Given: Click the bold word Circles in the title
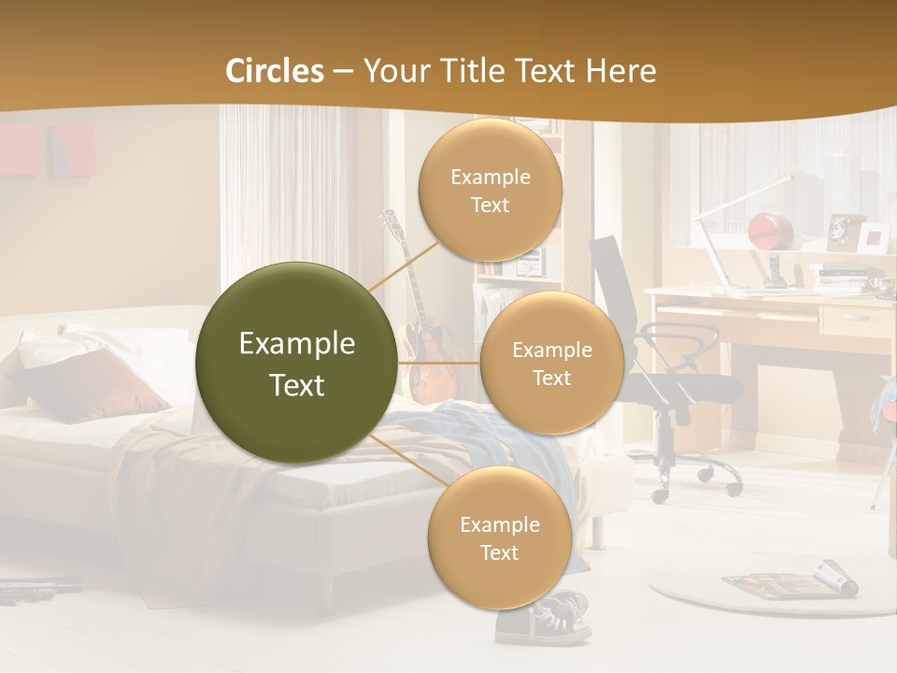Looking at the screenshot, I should [x=275, y=71].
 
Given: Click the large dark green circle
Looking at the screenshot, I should [x=296, y=363].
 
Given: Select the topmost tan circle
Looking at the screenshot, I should [x=490, y=190].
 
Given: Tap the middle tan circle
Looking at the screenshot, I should [x=551, y=363].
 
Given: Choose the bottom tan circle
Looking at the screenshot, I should [x=499, y=537].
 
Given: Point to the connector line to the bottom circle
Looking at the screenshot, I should [x=408, y=459].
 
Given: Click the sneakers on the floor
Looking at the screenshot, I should [x=543, y=618].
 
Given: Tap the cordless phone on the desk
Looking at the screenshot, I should [x=774, y=268].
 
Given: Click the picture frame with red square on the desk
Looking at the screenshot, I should [x=875, y=237].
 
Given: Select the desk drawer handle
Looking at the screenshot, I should [x=853, y=318].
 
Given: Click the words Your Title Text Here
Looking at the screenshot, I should [x=509, y=71].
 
